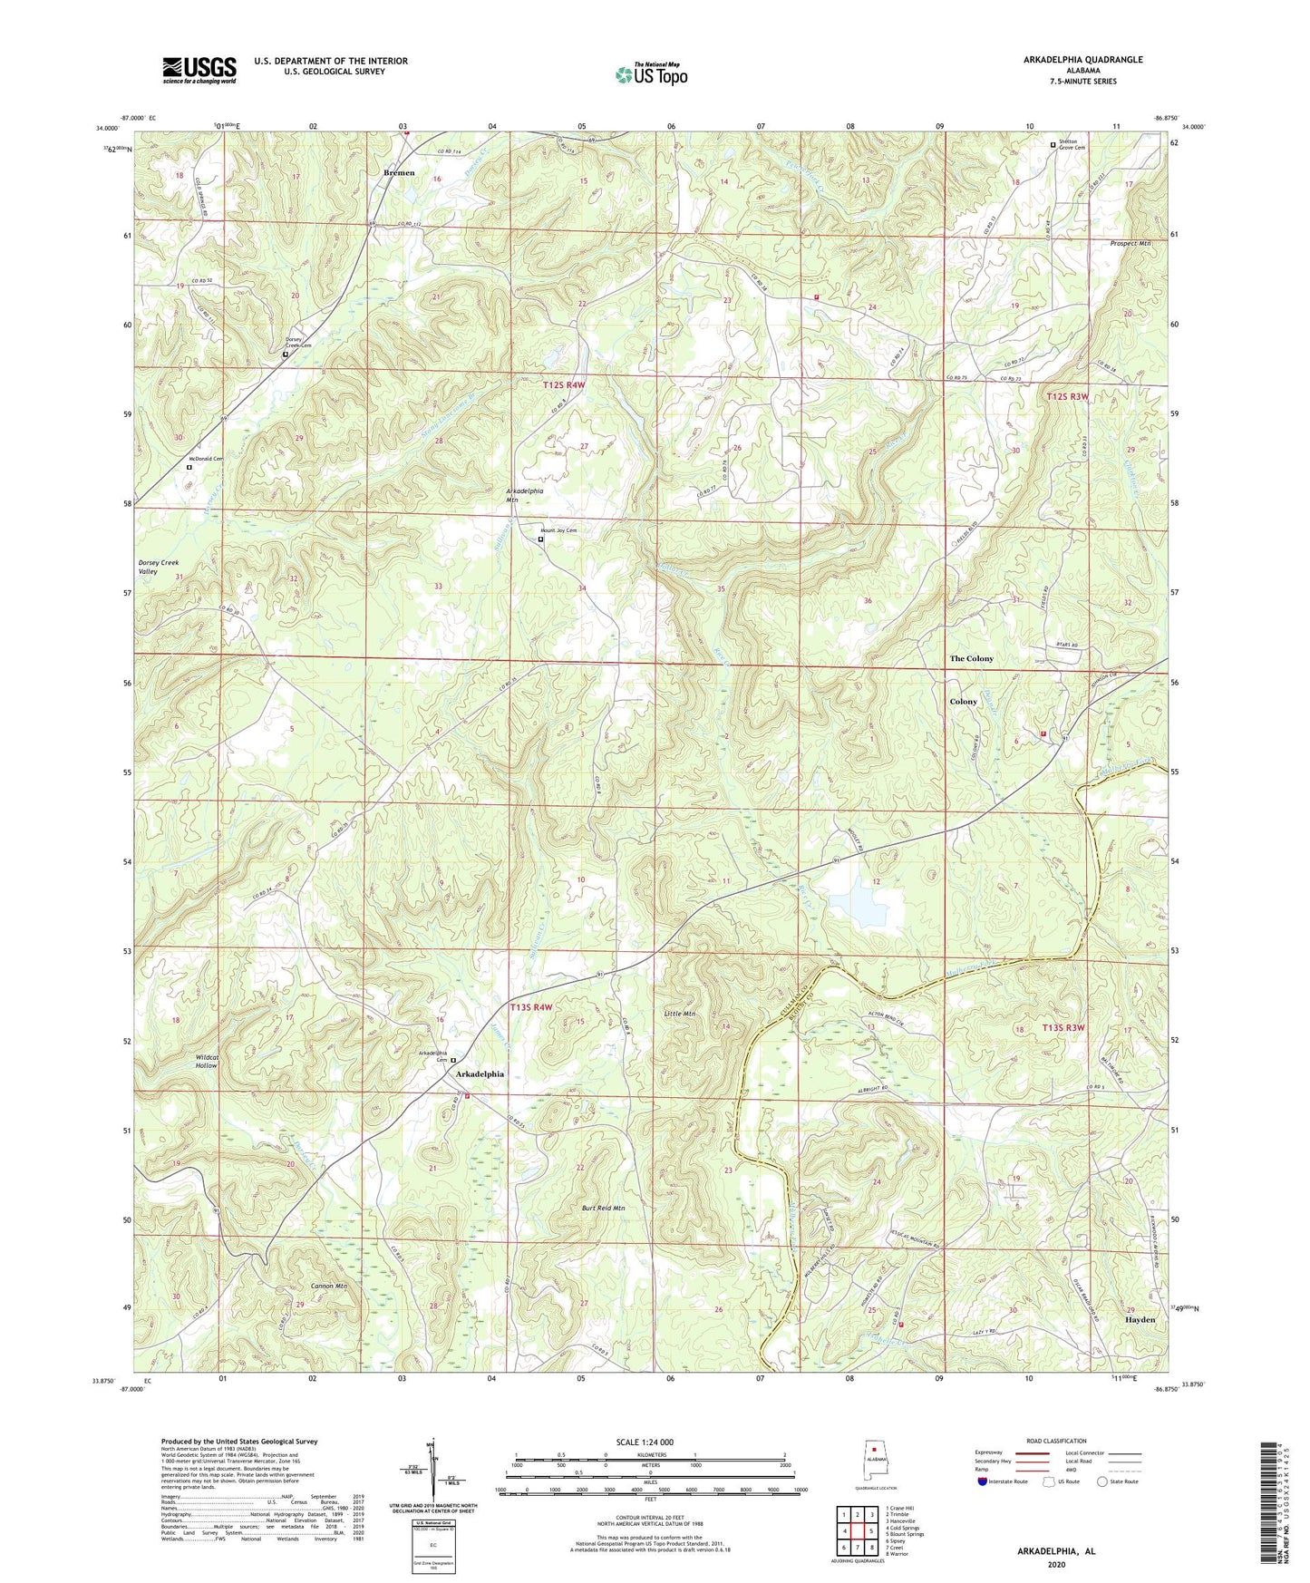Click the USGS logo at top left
pos(199,69)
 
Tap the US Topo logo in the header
pos(650,74)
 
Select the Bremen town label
pos(399,172)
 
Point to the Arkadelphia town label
pos(480,1073)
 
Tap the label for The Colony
pos(971,658)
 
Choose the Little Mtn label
pos(679,1013)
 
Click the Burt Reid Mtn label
pos(603,1209)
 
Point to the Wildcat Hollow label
pos(207,1062)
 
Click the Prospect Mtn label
pos(1130,244)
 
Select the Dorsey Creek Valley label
pos(159,568)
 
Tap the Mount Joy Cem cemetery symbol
pos(541,539)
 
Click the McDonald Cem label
pos(205,459)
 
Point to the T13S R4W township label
pos(531,1007)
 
